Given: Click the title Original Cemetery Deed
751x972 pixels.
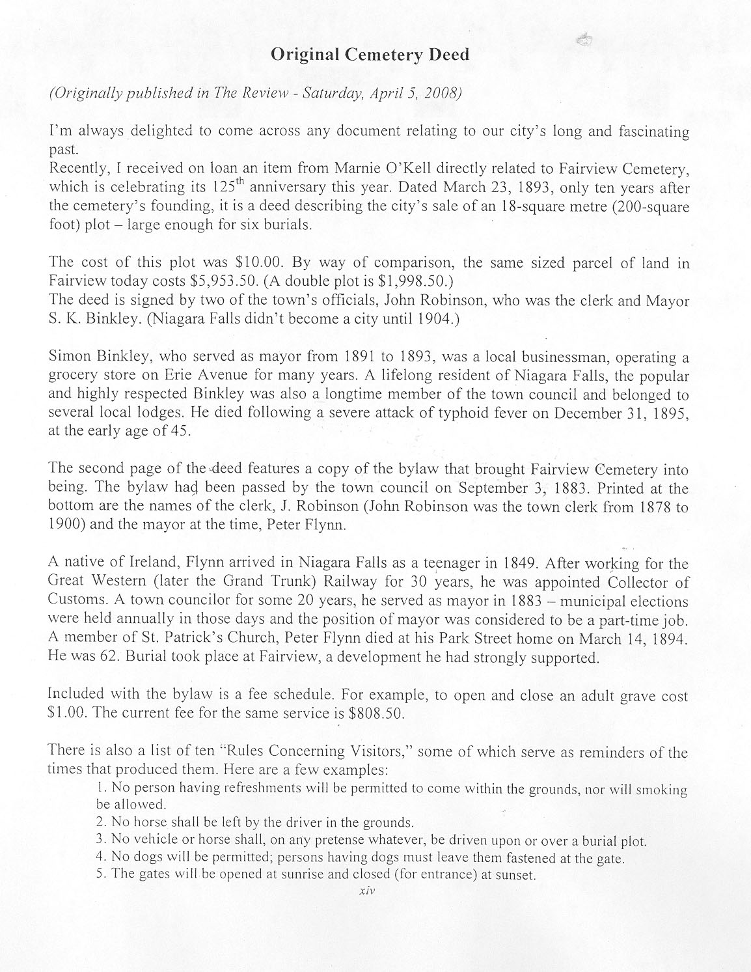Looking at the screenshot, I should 369,55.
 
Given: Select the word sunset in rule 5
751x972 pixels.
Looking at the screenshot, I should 517,875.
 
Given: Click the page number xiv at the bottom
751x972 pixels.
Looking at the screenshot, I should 368,891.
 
